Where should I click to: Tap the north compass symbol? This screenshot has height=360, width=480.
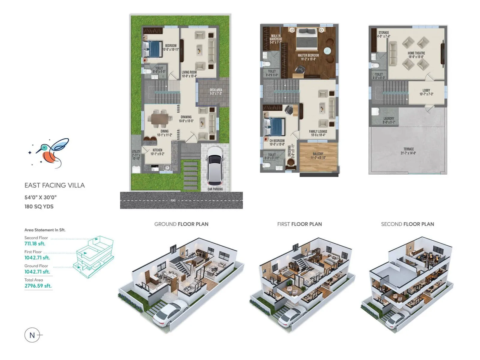point(32,335)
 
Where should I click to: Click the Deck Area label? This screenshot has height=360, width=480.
point(216,91)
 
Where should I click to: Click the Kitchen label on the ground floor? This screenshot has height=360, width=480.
point(157,152)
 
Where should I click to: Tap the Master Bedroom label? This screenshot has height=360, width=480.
point(308,57)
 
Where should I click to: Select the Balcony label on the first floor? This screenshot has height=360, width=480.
point(318,155)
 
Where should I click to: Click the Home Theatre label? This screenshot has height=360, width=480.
point(416,55)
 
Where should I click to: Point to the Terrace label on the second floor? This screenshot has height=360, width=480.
point(408,151)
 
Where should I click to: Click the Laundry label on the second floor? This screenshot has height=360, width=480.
point(388,120)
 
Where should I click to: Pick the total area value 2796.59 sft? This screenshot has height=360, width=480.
point(38,286)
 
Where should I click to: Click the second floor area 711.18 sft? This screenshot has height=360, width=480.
point(35,244)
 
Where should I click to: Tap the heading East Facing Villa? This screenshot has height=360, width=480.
point(55,185)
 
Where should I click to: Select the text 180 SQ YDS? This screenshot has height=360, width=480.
point(39,206)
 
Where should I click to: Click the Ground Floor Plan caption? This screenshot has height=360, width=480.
point(181,224)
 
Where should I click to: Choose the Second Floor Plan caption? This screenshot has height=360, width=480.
point(407,224)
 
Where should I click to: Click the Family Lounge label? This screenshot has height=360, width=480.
point(318,133)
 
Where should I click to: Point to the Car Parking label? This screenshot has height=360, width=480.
point(215,189)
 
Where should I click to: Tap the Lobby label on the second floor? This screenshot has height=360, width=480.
point(426,92)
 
